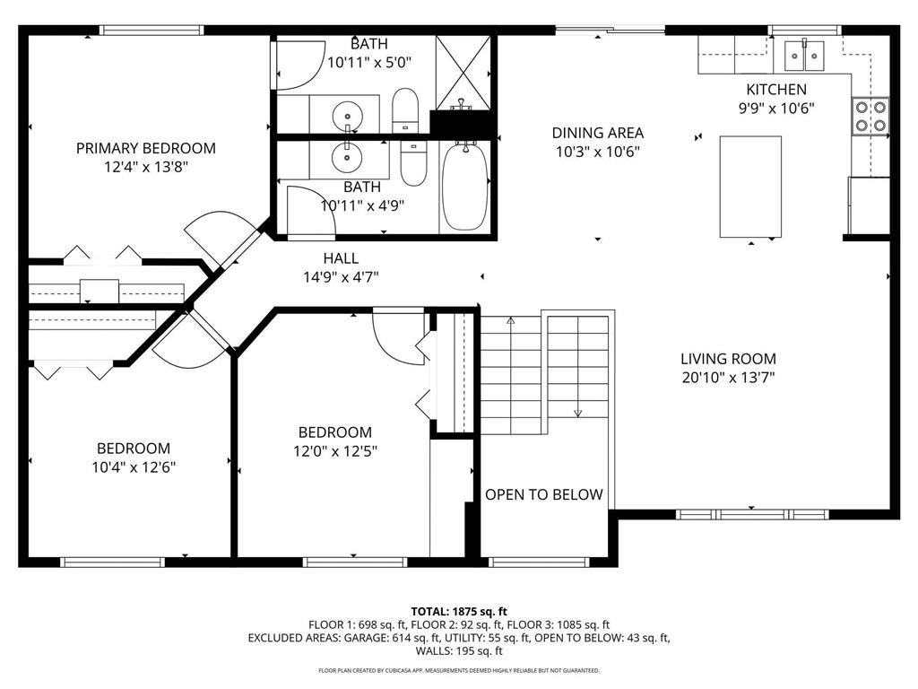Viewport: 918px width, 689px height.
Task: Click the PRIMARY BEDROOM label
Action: tap(145, 148)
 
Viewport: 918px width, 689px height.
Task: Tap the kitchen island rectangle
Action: tap(750, 187)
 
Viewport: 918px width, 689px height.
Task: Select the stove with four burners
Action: tap(870, 115)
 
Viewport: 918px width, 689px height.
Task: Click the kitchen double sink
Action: tap(804, 56)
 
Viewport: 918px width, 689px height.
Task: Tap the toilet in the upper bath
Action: tap(405, 109)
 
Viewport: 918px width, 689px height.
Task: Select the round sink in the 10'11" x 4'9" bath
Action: tap(345, 157)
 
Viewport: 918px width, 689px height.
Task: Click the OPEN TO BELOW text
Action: tap(544, 494)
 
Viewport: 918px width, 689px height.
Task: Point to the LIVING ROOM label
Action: tap(728, 359)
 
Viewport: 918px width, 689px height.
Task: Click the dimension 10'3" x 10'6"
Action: tap(597, 152)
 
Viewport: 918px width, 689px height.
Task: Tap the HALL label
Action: tap(341, 259)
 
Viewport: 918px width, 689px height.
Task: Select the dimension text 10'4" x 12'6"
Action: tap(134, 467)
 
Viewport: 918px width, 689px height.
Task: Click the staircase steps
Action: tap(548, 368)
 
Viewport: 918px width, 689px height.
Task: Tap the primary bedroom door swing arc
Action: tap(212, 235)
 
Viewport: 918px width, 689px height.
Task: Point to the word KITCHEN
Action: tap(776, 90)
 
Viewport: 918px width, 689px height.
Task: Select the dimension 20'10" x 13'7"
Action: tap(728, 378)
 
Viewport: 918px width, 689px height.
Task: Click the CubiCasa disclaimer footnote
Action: tap(458, 670)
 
